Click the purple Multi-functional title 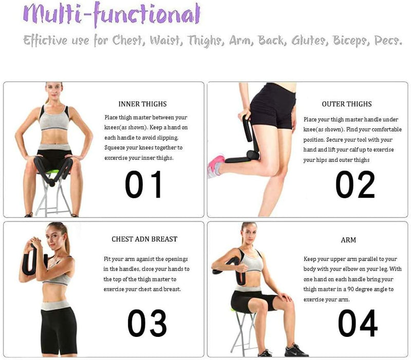[111, 14]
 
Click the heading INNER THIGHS [142, 104]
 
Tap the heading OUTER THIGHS [346, 104]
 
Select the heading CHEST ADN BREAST [144, 239]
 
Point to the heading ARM [348, 240]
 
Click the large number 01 [143, 184]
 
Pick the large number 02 [355, 184]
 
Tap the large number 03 [147, 323]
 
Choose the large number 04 [358, 323]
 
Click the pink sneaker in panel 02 [216, 165]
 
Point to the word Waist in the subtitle [166, 41]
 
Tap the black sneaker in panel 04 [297, 351]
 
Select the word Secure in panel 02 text [334, 140]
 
